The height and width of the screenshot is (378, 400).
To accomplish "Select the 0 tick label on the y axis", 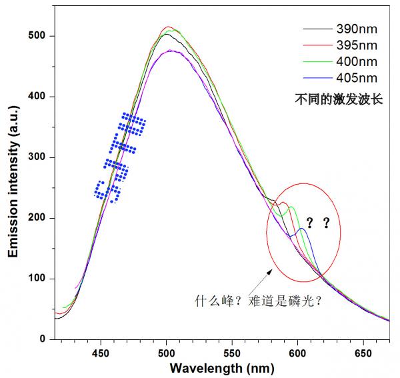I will [43, 339].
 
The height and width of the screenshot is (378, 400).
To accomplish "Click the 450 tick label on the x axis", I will [101, 352].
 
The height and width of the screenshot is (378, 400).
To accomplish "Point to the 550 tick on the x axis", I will [232, 352].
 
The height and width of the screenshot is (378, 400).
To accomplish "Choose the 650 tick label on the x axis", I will [363, 352].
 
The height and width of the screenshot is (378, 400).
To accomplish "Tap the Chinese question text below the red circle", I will [259, 300].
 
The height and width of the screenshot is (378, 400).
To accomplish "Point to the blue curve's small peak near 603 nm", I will [302, 229].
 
